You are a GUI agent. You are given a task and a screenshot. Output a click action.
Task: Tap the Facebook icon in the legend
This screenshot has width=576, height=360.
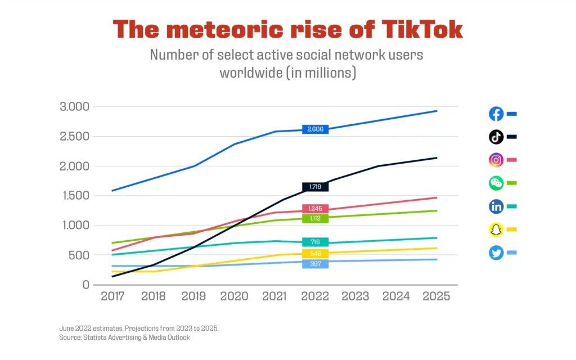pyautogui.click(x=496, y=114)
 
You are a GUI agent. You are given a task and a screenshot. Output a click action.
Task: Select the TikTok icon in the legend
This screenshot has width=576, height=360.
pyautogui.click(x=496, y=137)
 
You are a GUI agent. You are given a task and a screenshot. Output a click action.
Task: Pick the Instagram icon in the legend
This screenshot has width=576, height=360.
pyautogui.click(x=496, y=160)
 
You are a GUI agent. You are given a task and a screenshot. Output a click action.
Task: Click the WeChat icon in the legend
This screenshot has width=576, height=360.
pyautogui.click(x=496, y=183)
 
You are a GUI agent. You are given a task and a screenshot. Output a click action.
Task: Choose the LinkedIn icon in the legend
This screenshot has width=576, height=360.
pyautogui.click(x=496, y=206)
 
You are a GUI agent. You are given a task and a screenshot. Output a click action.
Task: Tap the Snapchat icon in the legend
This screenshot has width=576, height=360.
pyautogui.click(x=496, y=229)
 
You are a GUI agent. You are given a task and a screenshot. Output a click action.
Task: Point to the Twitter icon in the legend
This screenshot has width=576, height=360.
pyautogui.click(x=496, y=253)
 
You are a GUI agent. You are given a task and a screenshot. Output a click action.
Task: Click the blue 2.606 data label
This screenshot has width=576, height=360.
pyautogui.click(x=315, y=129)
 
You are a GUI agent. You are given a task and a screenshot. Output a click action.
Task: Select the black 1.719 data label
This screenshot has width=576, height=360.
pyautogui.click(x=315, y=187)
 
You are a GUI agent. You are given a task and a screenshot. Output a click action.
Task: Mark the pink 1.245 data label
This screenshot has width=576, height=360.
pyautogui.click(x=315, y=209)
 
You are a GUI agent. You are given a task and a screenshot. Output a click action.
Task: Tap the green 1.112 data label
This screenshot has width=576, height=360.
pyautogui.click(x=315, y=218)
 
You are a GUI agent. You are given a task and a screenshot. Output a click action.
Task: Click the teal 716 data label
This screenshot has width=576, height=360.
pyautogui.click(x=315, y=242)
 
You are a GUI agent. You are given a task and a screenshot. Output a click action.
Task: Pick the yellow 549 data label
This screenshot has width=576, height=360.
pyautogui.click(x=315, y=254)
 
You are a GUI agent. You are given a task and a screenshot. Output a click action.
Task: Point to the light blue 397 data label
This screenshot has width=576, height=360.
pyautogui.click(x=315, y=264)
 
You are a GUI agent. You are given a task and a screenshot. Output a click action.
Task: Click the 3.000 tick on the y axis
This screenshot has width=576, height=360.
pyautogui.click(x=74, y=107)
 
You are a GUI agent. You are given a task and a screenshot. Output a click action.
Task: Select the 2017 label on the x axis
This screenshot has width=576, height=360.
pyautogui.click(x=112, y=296)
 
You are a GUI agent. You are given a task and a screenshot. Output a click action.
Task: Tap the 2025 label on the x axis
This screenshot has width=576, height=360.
pyautogui.click(x=436, y=296)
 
